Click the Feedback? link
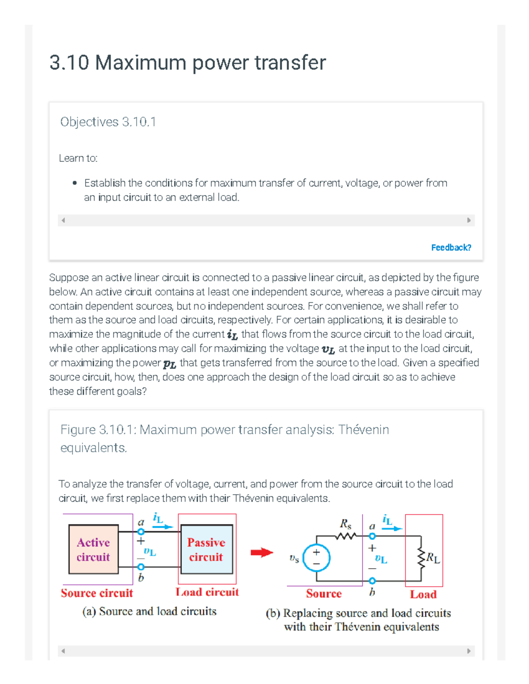451,248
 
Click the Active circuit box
93,549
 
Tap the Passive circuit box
206,549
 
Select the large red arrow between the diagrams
262,552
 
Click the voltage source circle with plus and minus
317,558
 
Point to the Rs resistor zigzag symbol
346,536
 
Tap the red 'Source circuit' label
97,593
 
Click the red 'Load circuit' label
207,592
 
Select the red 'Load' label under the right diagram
423,595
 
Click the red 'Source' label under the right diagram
324,594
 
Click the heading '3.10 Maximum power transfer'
187,63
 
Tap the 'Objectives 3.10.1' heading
108,122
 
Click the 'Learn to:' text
78,158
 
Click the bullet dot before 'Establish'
75,183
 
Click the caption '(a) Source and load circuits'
149,611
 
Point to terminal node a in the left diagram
141,532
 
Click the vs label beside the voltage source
294,558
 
